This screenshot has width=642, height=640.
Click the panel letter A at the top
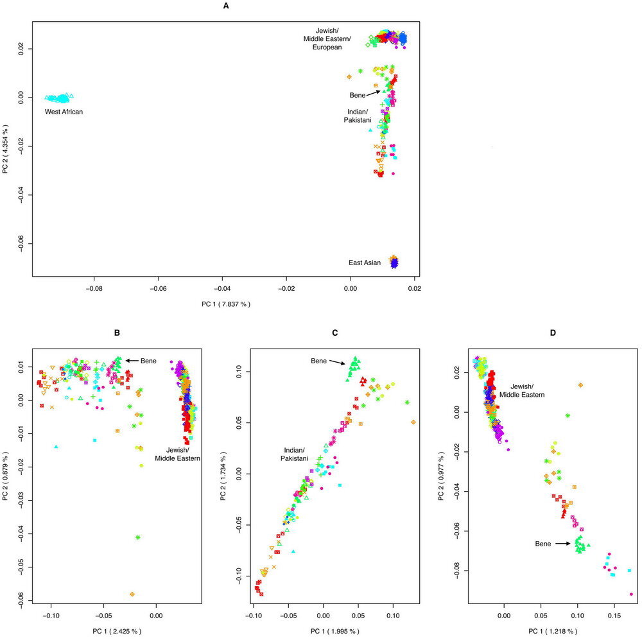click(x=225, y=6)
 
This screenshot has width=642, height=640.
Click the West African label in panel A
click(x=64, y=112)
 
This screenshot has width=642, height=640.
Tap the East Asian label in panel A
click(x=365, y=263)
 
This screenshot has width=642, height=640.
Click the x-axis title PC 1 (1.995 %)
click(x=338, y=632)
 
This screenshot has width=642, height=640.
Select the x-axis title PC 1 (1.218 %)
click(x=556, y=632)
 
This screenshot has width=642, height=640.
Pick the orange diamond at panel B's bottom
click(x=132, y=594)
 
